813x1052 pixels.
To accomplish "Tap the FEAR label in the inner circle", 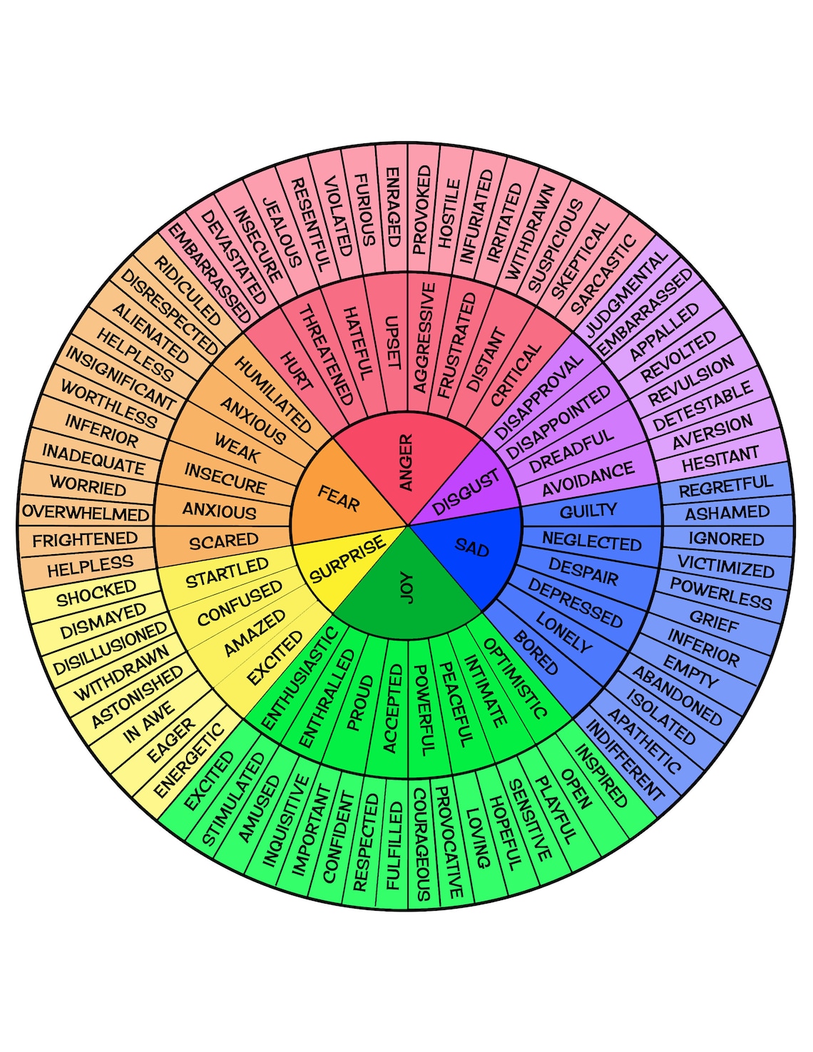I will pos(338,497).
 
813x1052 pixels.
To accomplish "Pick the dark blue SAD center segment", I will pos(471,548).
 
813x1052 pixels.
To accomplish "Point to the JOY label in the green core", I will pos(406,588).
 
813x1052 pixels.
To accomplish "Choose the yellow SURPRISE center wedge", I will pos(347,559).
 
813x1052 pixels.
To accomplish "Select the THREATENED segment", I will pos(325,354).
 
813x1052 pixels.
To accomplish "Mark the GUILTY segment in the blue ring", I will pos(588,511).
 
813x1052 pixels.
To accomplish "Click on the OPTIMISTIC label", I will pos(515,678).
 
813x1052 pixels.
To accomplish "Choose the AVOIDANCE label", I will pos(588,479).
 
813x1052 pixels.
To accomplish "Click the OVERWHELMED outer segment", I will pos(86,513).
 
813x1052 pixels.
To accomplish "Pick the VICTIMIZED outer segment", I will pos(725,566).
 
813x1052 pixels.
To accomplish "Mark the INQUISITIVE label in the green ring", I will pos(285,820).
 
